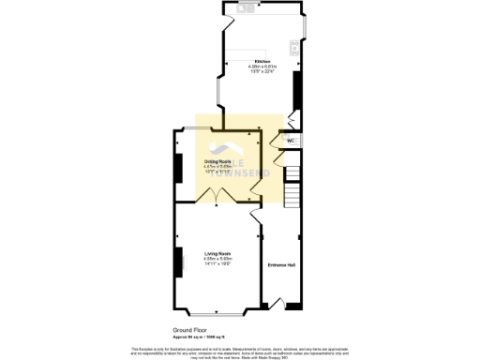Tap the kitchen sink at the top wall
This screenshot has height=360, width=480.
click(243, 9)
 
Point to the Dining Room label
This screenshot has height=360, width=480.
click(217, 161)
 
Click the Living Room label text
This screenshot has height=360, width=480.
click(217, 253)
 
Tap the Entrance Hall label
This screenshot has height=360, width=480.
click(282, 263)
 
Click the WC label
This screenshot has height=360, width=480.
click(291, 141)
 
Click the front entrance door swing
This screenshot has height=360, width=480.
click(279, 302)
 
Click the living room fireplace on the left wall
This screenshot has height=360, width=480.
click(176, 263)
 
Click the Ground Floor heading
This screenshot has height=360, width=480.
click(188, 331)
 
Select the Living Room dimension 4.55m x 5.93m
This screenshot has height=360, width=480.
click(217, 259)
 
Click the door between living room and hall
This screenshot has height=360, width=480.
click(256, 218)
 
